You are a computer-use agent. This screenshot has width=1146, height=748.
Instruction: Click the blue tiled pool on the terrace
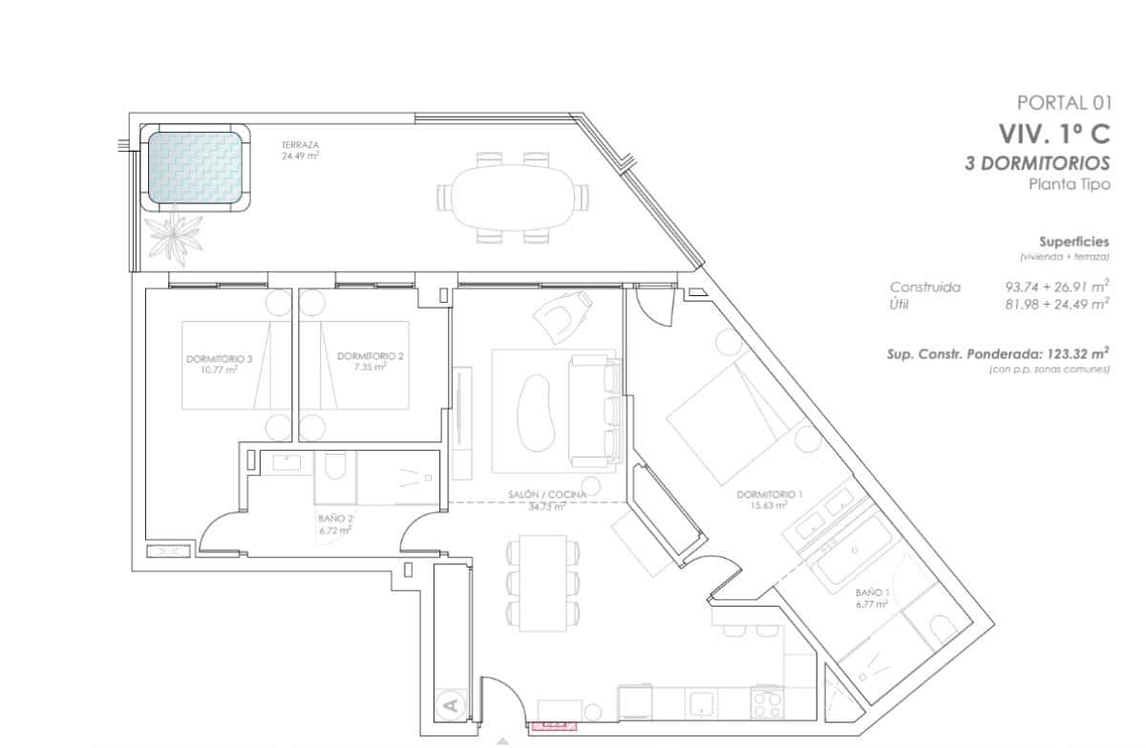click(195, 167)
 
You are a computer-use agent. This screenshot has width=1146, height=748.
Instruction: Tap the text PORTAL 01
click(1064, 103)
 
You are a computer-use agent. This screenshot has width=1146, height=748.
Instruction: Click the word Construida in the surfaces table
click(924, 287)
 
